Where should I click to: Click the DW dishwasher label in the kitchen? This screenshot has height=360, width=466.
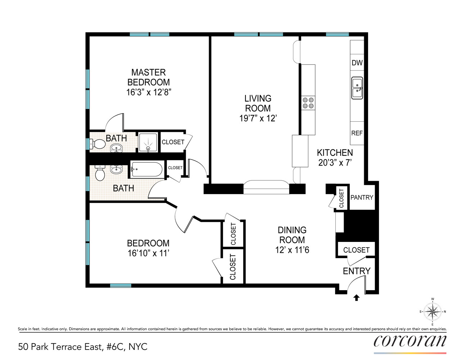click(357, 63)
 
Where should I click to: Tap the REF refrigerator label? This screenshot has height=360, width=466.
click(357, 133)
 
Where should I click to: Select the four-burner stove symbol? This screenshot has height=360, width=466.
click(308, 103)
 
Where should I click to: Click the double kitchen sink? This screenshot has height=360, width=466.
click(357, 88)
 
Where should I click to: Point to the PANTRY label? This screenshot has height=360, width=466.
click(362, 197)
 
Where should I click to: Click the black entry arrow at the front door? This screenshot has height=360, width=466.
click(357, 297)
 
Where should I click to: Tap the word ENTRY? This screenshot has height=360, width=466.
click(356, 271)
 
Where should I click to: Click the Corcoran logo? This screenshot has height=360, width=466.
click(410, 341)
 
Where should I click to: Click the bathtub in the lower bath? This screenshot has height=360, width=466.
click(146, 169)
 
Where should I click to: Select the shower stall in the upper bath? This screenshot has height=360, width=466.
click(148, 143)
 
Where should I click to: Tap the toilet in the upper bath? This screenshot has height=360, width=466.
click(98, 144)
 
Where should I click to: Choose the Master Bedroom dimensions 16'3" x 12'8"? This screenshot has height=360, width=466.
click(148, 92)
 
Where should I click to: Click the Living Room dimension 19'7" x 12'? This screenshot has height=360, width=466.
click(258, 118)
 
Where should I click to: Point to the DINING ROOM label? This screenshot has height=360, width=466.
click(292, 235)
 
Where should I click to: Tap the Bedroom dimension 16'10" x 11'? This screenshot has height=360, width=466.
click(148, 253)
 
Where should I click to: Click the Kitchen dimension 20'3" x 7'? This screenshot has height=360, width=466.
click(335, 163)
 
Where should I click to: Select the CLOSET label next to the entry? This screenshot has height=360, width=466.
click(356, 250)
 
